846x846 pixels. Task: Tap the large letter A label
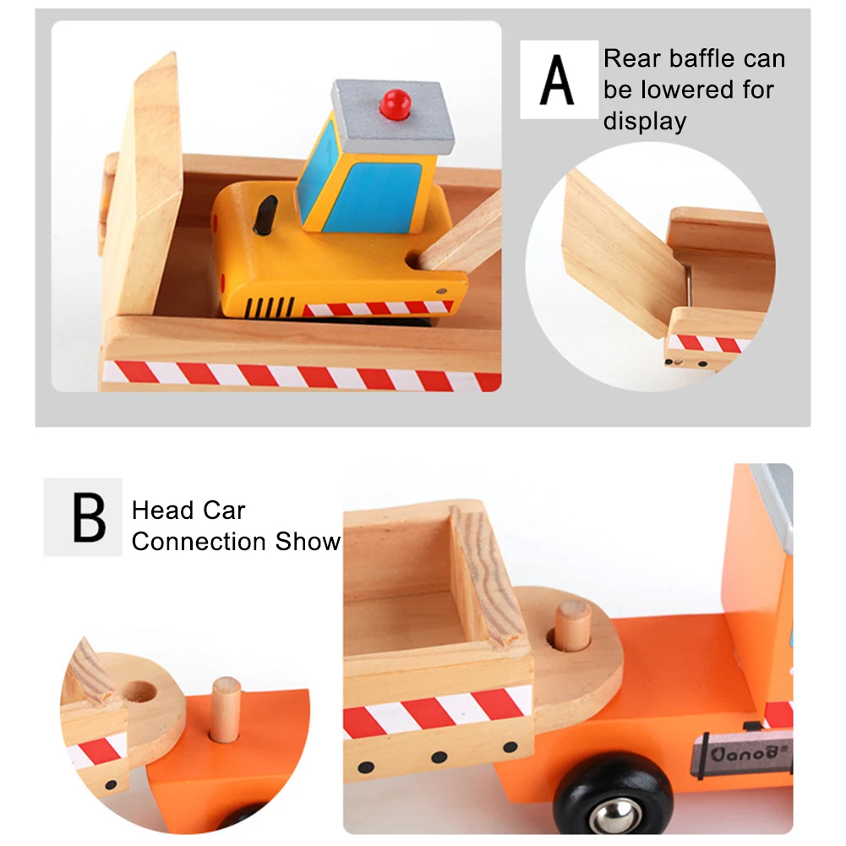point(558,79)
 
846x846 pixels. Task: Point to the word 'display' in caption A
point(644,121)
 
